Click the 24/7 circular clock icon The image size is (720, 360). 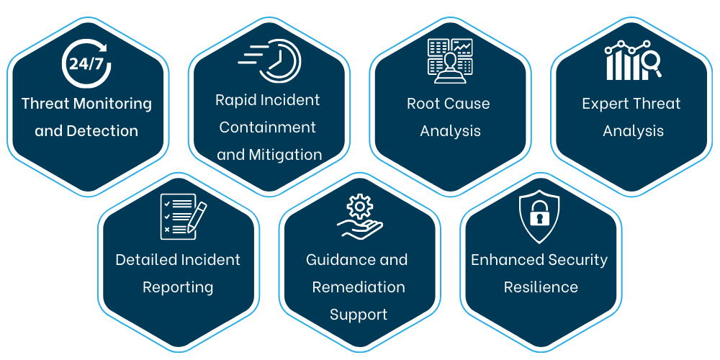coord(86,63)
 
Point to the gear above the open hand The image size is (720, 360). coord(359,207)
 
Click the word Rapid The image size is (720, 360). coord(236,99)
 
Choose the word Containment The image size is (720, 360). coord(268,127)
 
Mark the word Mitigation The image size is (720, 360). coord(285,154)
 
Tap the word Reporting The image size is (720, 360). coord(178,287)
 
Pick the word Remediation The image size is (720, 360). coord(359,287)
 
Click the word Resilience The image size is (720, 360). coord(540,287)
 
